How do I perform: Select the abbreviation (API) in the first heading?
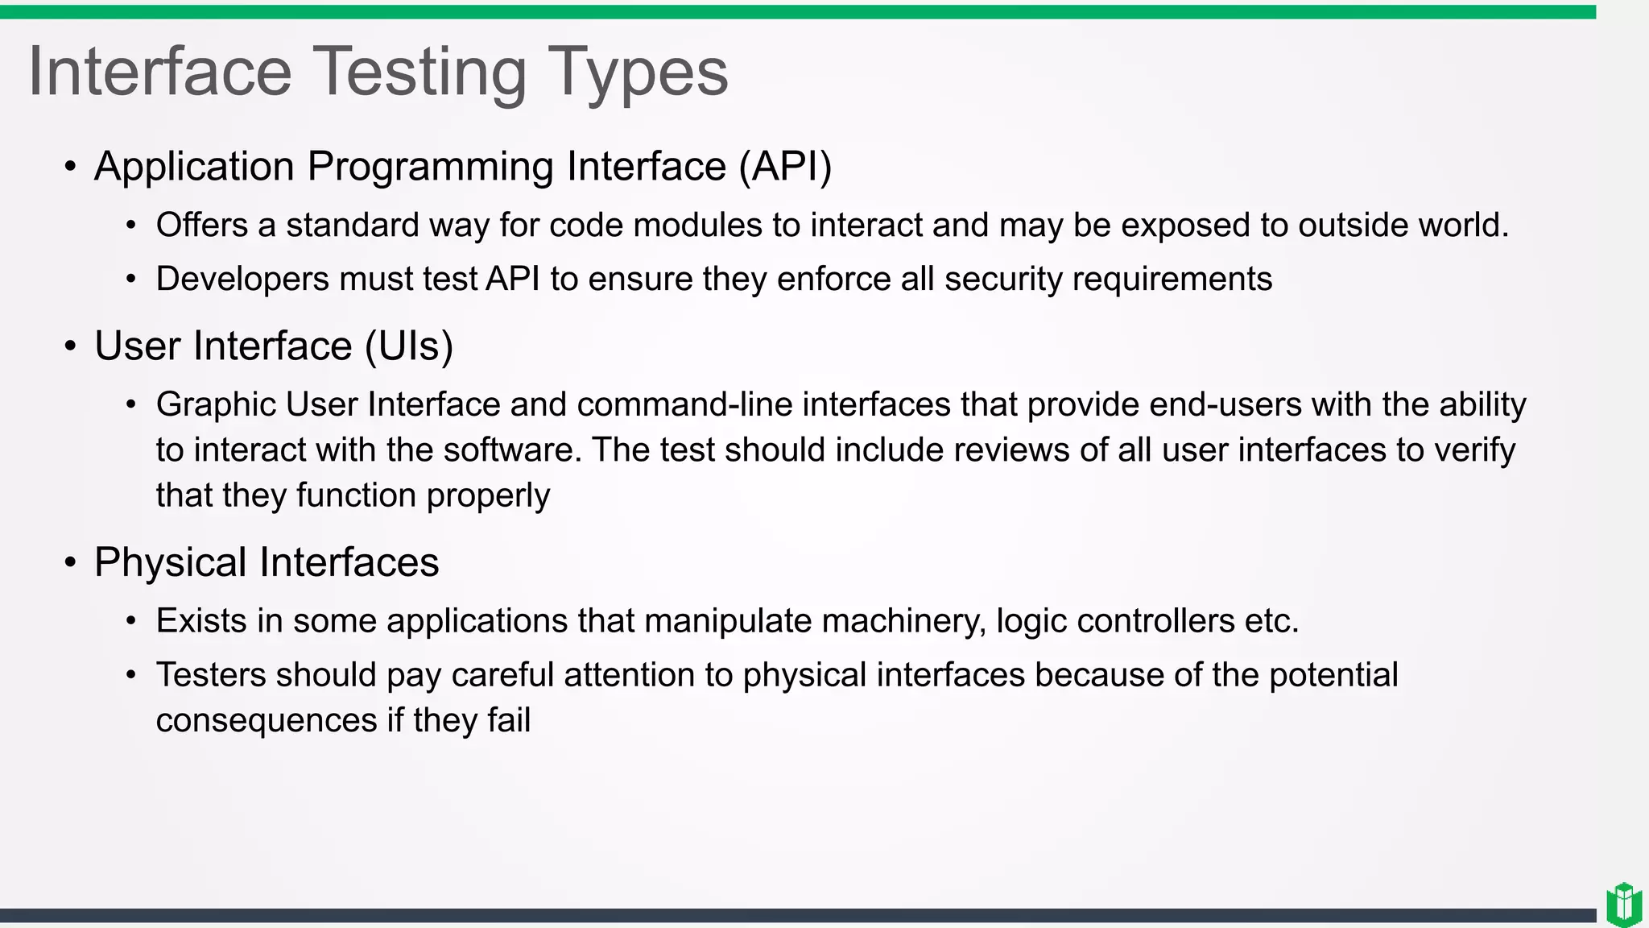point(785,167)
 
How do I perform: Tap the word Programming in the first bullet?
point(430,167)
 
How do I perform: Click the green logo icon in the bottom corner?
point(1624,904)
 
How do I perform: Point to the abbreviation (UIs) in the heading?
point(409,346)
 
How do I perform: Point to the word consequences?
point(266,720)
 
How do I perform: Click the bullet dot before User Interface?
point(71,347)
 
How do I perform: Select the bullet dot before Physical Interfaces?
point(71,563)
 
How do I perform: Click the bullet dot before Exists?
point(131,622)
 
